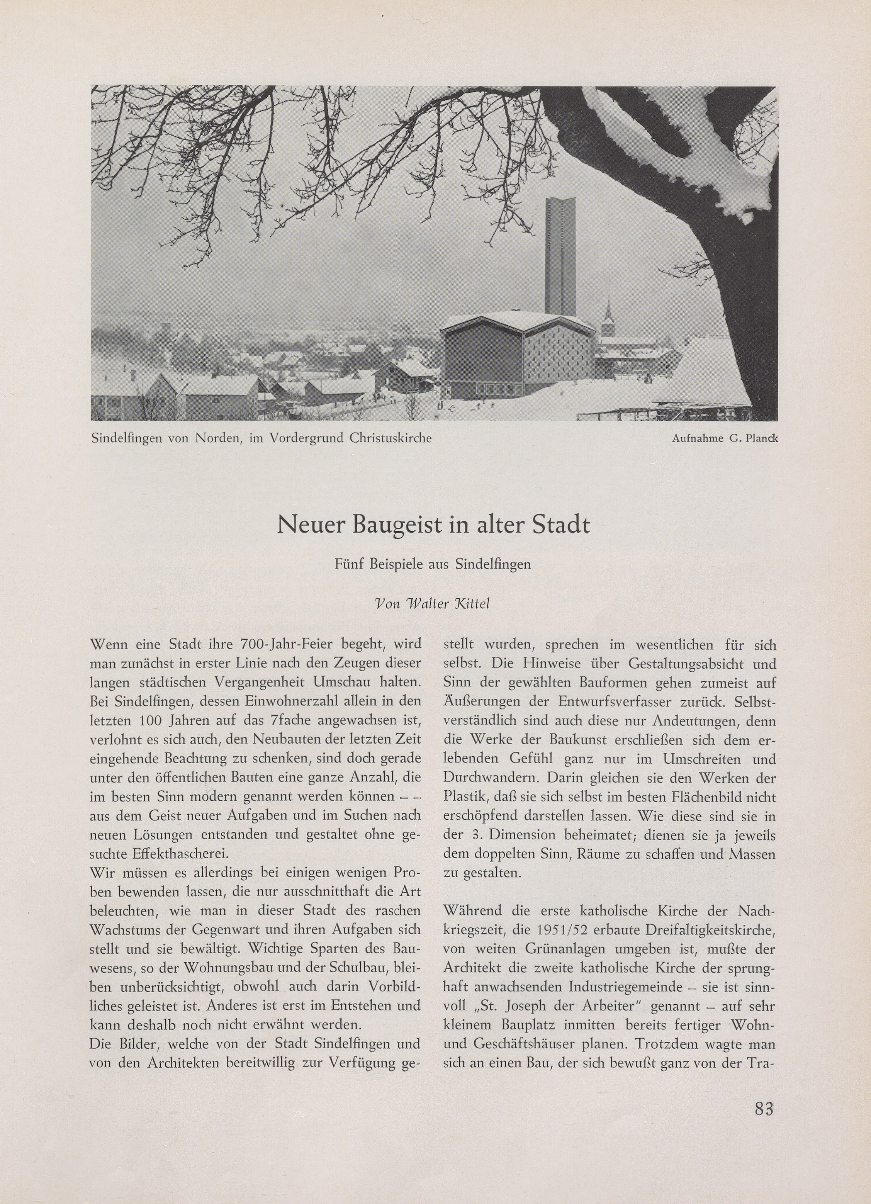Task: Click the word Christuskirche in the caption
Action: [x=390, y=438]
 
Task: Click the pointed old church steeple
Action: [x=608, y=316]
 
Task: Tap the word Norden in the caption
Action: [x=220, y=438]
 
